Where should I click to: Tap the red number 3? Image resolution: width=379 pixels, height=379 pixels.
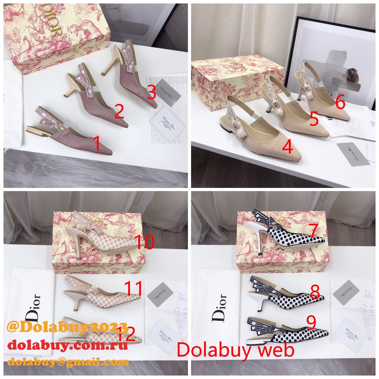tap(152, 93)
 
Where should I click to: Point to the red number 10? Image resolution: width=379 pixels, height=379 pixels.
tap(145, 242)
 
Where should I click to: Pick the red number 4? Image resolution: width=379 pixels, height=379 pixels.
tap(287, 147)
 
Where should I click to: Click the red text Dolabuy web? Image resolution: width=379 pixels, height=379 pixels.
tap(235, 350)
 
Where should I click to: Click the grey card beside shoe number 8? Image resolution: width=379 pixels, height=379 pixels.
tap(346, 292)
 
